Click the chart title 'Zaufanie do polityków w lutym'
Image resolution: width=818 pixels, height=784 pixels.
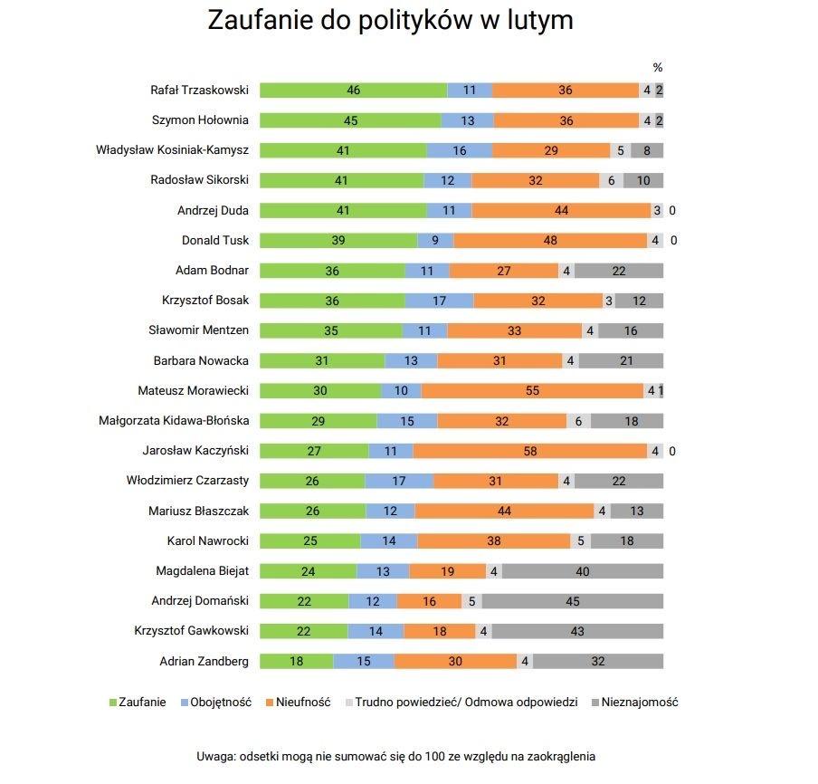tap(390, 21)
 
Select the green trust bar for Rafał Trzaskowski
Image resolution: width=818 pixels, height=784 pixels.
tap(353, 91)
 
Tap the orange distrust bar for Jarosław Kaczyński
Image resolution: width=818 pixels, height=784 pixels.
tap(529, 450)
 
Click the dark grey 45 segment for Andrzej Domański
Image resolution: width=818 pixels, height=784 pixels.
tap(574, 600)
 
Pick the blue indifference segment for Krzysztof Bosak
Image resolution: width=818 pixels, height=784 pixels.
tap(439, 301)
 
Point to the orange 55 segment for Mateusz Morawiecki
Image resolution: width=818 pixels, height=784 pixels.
tap(532, 390)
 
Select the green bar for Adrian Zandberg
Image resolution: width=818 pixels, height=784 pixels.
tap(296, 661)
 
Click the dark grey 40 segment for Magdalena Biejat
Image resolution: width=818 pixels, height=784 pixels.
tap(582, 570)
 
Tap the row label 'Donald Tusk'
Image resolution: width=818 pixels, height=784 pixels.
tap(215, 240)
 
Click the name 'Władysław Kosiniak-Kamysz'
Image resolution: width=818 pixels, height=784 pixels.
tap(172, 150)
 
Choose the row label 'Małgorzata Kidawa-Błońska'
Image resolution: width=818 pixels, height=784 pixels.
tap(174, 420)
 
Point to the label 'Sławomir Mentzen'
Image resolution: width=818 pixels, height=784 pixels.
tap(198, 330)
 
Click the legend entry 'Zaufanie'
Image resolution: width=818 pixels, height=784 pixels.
tap(137, 702)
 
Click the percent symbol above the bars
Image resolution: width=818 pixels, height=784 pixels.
tap(658, 67)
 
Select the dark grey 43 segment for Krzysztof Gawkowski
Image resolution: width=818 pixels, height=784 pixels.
tap(577, 630)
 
